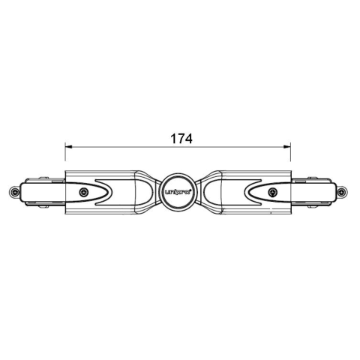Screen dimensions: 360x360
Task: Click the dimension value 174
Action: click(x=181, y=139)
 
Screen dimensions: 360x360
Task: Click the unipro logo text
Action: click(x=179, y=193)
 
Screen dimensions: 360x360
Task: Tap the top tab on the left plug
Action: click(x=35, y=179)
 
